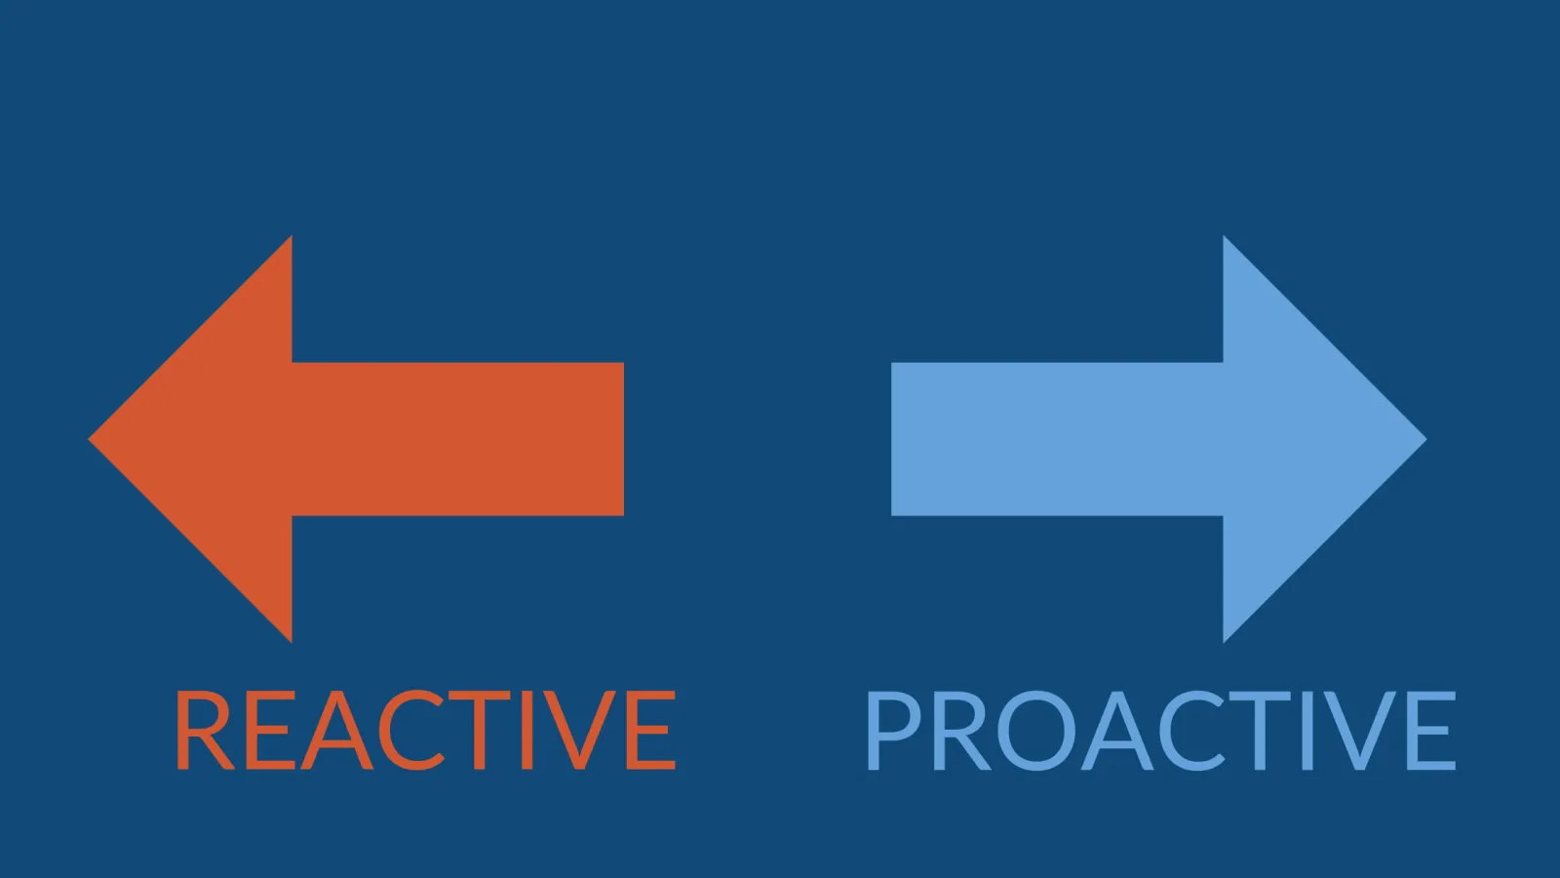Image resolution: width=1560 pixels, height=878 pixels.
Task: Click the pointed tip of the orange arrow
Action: (x=90, y=439)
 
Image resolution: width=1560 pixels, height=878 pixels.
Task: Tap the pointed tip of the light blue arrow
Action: (x=1425, y=439)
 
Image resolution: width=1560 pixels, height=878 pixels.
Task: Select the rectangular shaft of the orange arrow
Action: (x=457, y=439)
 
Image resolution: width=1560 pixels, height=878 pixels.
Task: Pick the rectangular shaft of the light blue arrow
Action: (x=1057, y=439)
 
